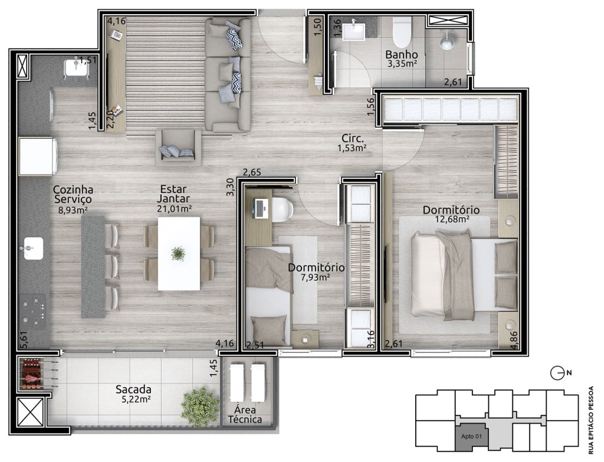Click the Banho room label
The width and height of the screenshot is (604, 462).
point(401,54)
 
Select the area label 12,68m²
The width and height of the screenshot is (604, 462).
point(451,219)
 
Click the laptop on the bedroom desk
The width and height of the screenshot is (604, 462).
point(260,208)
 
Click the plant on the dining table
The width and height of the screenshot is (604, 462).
point(178,254)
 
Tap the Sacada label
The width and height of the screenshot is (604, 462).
point(133,389)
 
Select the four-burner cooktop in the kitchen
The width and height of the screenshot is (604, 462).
point(32,312)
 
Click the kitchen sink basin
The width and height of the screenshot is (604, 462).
point(34,248)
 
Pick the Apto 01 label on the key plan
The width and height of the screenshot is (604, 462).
point(471,437)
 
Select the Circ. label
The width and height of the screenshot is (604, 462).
point(352,138)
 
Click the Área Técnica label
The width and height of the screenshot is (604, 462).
point(245,415)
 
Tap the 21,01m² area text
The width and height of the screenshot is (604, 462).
point(174,209)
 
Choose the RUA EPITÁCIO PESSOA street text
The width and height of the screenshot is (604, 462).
point(592,421)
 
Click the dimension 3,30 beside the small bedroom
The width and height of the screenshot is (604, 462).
point(231,188)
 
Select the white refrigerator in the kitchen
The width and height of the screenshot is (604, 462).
point(38,156)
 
